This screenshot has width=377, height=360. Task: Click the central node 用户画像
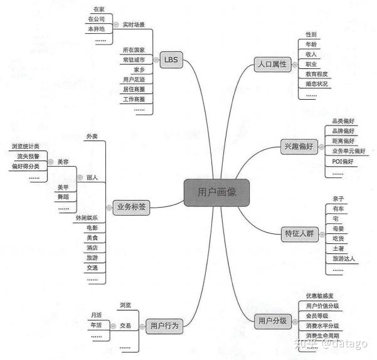[216, 193]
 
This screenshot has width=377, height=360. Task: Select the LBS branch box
[170, 60]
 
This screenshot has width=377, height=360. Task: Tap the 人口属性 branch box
[272, 64]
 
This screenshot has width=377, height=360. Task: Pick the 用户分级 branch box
[272, 320]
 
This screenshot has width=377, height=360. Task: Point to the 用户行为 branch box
[165, 326]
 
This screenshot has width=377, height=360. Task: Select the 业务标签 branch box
[132, 208]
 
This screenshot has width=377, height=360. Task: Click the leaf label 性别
[311, 34]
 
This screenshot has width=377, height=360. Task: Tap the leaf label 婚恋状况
[316, 84]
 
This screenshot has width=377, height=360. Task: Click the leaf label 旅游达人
[344, 259]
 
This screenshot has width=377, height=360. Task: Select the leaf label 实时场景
[134, 24]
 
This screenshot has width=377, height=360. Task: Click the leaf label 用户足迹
[134, 79]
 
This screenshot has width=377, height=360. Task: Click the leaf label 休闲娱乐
[87, 218]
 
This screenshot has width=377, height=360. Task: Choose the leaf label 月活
[96, 315]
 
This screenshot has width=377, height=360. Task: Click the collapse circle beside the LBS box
[155, 60]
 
